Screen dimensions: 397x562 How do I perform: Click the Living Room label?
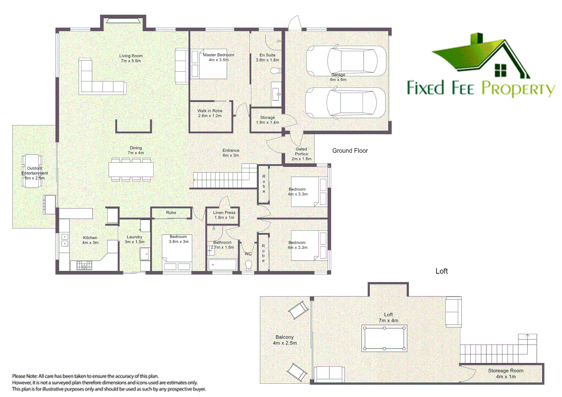[x=131, y=58]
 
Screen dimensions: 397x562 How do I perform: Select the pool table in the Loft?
[x=384, y=338]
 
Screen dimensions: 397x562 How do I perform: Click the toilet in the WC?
[x=249, y=265]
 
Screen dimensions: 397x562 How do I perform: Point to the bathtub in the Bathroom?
[x=222, y=265]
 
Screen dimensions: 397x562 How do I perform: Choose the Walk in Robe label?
[x=210, y=113]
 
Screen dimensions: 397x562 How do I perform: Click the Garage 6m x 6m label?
[x=338, y=77]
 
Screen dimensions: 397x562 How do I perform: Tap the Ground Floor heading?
[x=350, y=151]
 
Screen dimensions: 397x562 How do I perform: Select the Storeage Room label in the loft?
[x=505, y=373]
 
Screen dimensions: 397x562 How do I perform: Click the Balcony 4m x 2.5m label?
[x=285, y=340]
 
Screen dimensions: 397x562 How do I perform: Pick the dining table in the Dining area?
[x=131, y=169]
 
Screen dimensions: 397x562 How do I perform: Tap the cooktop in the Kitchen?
[x=84, y=265]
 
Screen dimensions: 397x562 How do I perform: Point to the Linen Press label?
[x=224, y=215]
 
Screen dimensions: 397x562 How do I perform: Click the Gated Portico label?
[x=301, y=154]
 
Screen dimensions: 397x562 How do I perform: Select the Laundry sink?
[x=145, y=254]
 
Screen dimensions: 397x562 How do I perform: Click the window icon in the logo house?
[x=500, y=70]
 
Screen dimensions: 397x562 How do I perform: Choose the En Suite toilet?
[x=275, y=70]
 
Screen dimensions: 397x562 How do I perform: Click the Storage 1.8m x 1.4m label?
[x=267, y=120]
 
